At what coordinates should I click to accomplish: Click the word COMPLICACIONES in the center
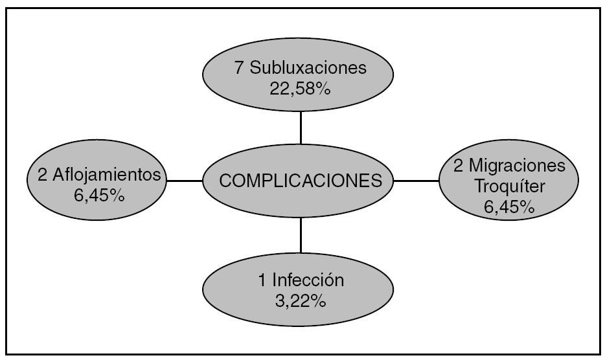[x=300, y=181]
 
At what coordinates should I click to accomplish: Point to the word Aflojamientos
[x=106, y=174]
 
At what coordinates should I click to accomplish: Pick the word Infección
[x=308, y=282]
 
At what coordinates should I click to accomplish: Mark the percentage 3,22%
[x=300, y=301]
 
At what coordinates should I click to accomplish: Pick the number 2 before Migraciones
[x=458, y=166]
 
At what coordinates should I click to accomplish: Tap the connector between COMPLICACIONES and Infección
[x=301, y=235]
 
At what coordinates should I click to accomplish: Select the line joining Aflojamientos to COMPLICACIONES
[x=185, y=181]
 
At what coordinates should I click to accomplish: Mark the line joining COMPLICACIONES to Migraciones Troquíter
[x=417, y=181]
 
